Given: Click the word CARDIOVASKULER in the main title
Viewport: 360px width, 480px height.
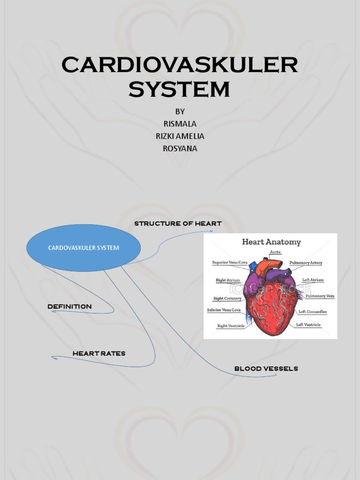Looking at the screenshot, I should point(180,65).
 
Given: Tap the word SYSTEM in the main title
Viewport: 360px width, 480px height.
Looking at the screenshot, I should point(180,89).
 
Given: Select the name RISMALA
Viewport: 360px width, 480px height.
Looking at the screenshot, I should point(180,124).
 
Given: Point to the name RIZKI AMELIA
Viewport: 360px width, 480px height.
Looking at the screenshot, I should point(180,136).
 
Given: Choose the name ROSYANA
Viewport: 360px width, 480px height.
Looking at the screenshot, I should point(180,149).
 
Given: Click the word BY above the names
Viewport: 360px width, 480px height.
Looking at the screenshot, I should point(180,112).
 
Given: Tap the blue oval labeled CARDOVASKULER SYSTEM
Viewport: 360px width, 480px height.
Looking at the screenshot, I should point(83,247).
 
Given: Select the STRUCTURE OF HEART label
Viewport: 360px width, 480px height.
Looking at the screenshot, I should point(178,224).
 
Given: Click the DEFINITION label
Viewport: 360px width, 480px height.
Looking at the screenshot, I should point(69,307).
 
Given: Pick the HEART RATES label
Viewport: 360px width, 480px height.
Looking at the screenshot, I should point(99,353).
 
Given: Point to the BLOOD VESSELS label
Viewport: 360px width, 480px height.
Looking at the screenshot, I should point(266,368).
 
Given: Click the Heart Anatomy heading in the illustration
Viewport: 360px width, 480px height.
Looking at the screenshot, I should point(271,242).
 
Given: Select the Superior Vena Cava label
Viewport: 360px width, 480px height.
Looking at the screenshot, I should point(230,262).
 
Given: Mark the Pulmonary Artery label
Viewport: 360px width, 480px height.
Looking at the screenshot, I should point(306,263).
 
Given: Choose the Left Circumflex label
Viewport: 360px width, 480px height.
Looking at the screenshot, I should point(312,312).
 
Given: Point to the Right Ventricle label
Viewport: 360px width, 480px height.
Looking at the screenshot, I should point(231,326).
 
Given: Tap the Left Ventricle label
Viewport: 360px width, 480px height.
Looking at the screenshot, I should point(308,324).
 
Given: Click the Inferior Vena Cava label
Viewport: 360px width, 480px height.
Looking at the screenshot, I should point(224,310).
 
